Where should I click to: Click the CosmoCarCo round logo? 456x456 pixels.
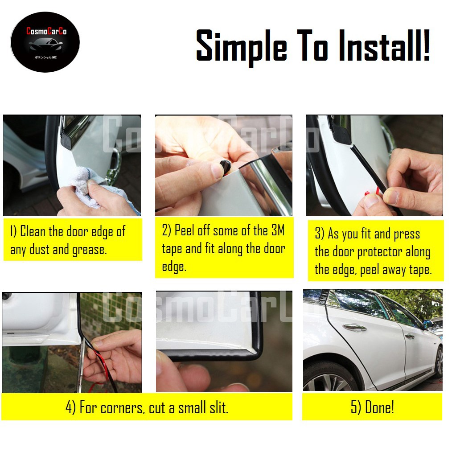[45, 42]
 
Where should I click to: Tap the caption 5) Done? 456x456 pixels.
[372, 407]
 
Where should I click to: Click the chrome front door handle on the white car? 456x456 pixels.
[355, 328]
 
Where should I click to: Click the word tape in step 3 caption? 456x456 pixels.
[420, 270]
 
